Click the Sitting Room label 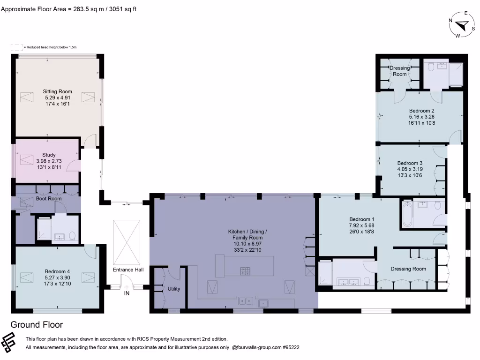coord(58,91)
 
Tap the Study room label coord(49,155)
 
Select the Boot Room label coord(49,199)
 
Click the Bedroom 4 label coord(58,271)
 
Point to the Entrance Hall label coord(128,270)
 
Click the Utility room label coord(174,289)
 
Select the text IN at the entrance coord(127,293)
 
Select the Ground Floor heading coord(37,325)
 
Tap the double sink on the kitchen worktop coord(245,300)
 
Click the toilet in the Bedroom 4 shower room coord(72,236)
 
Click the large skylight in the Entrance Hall coord(127,241)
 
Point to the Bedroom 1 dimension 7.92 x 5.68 coord(361,225)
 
